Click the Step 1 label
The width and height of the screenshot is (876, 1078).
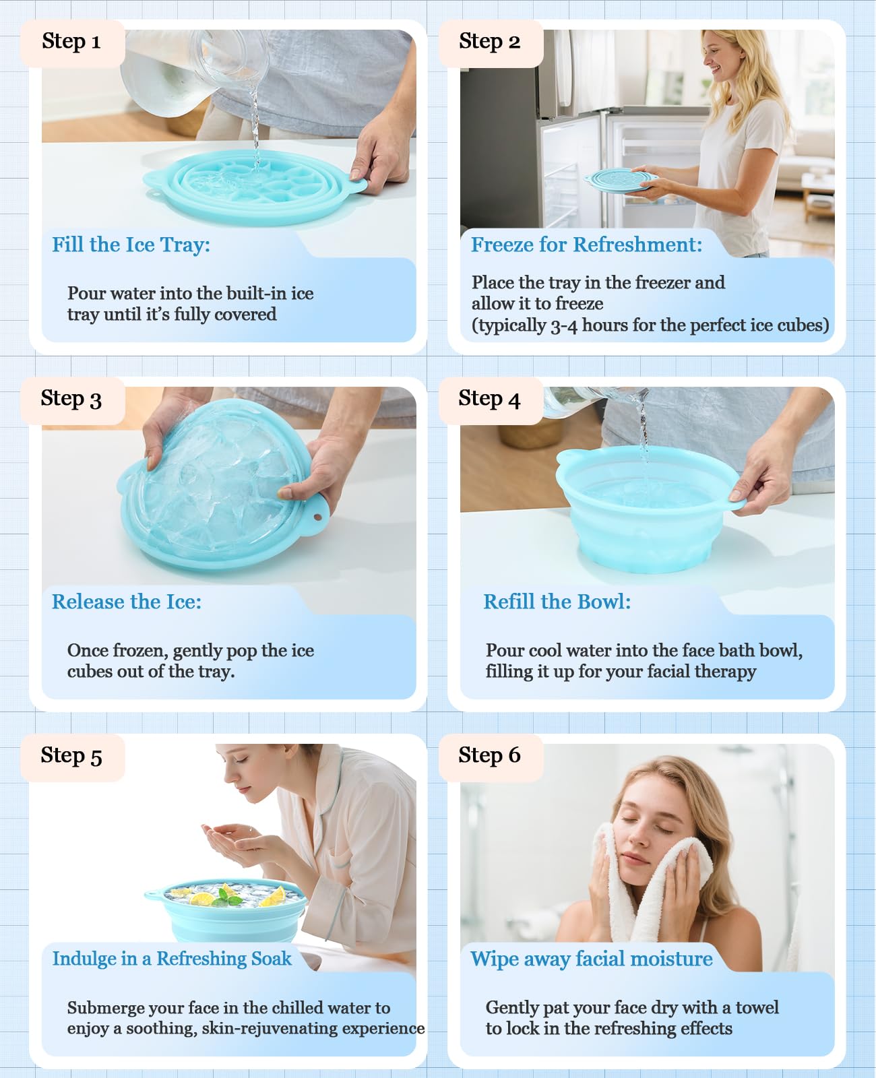point(71,42)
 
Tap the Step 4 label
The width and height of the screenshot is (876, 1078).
point(489,399)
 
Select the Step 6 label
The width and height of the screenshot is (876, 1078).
point(489,755)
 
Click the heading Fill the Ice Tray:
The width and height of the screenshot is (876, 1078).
point(131,245)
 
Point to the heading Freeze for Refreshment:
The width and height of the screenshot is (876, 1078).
point(586,245)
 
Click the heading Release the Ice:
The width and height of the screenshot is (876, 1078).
point(127,602)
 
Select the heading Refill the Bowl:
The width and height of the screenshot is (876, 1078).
point(557,602)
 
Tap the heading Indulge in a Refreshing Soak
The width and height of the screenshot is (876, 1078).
point(172,959)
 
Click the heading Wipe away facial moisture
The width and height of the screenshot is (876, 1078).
point(591,959)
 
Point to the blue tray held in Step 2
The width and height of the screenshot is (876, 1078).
point(620,181)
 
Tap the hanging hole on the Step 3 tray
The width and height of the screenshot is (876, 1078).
point(317,517)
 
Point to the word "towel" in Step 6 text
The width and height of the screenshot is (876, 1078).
point(757,1008)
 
